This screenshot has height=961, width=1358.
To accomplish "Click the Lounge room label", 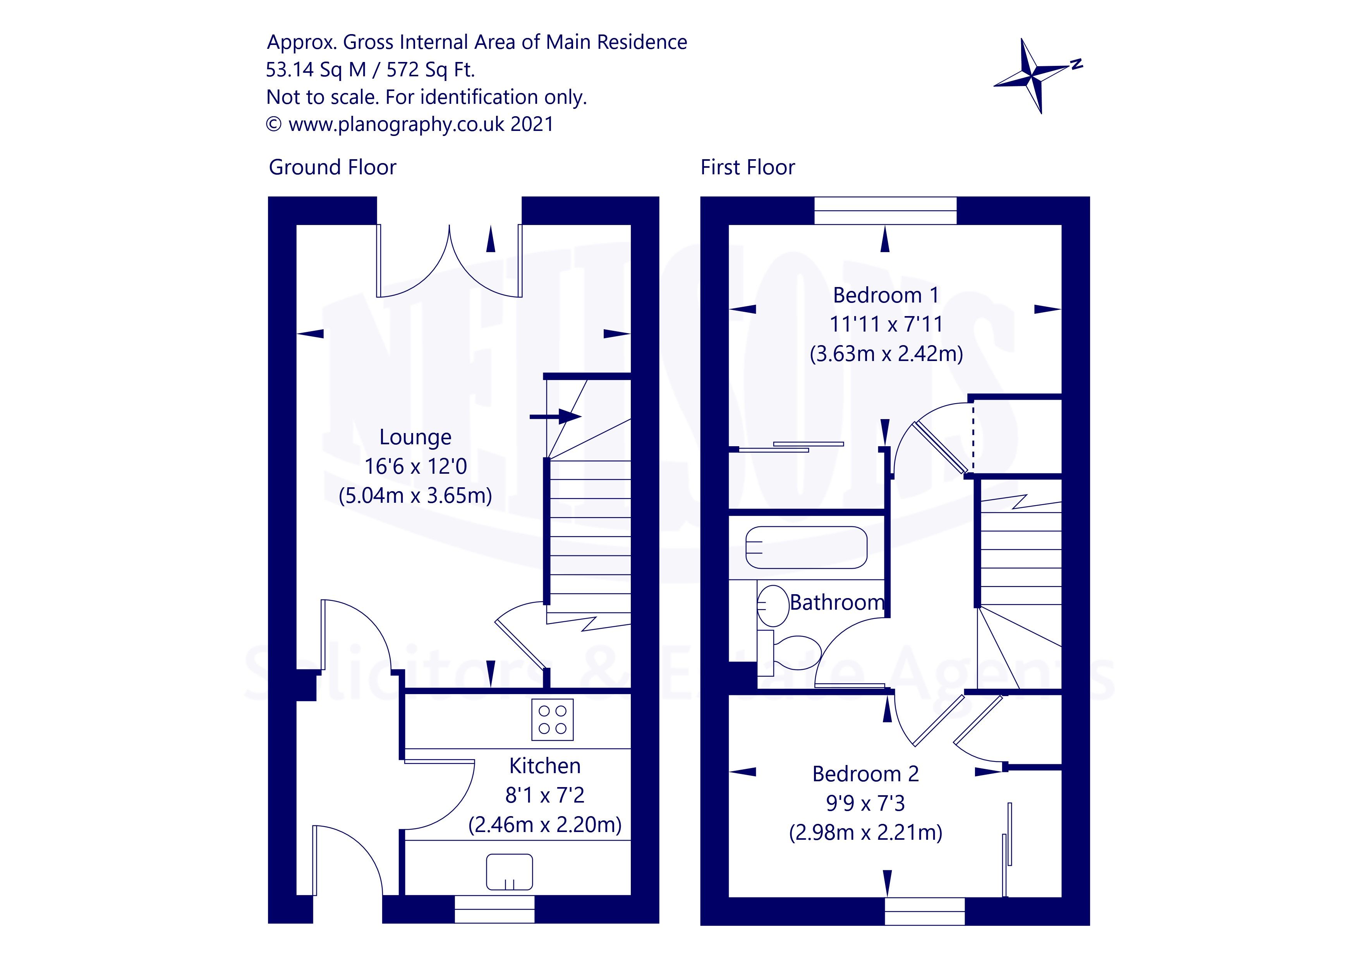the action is coord(415,437).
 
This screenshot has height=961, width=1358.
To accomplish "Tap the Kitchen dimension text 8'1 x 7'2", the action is coord(545,795).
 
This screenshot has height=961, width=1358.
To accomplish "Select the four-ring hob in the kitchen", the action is coord(553,720).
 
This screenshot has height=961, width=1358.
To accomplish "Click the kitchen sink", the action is coord(509,872).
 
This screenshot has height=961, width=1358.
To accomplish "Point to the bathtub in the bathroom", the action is coord(806,547).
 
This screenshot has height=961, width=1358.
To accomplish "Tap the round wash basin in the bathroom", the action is coord(773,606).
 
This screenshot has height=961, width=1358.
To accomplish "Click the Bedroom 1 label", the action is coord(886,295).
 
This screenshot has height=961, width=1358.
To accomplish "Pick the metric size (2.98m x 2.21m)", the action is coord(865,832).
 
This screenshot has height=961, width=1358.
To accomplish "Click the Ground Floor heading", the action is coord(332,167).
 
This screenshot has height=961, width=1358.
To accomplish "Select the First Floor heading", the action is coord(748,167).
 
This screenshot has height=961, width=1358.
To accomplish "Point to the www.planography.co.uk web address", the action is coord(396,124).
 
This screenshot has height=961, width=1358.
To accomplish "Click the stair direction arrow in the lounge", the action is coord(555,417).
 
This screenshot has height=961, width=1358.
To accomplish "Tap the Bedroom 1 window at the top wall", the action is coord(886,211).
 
